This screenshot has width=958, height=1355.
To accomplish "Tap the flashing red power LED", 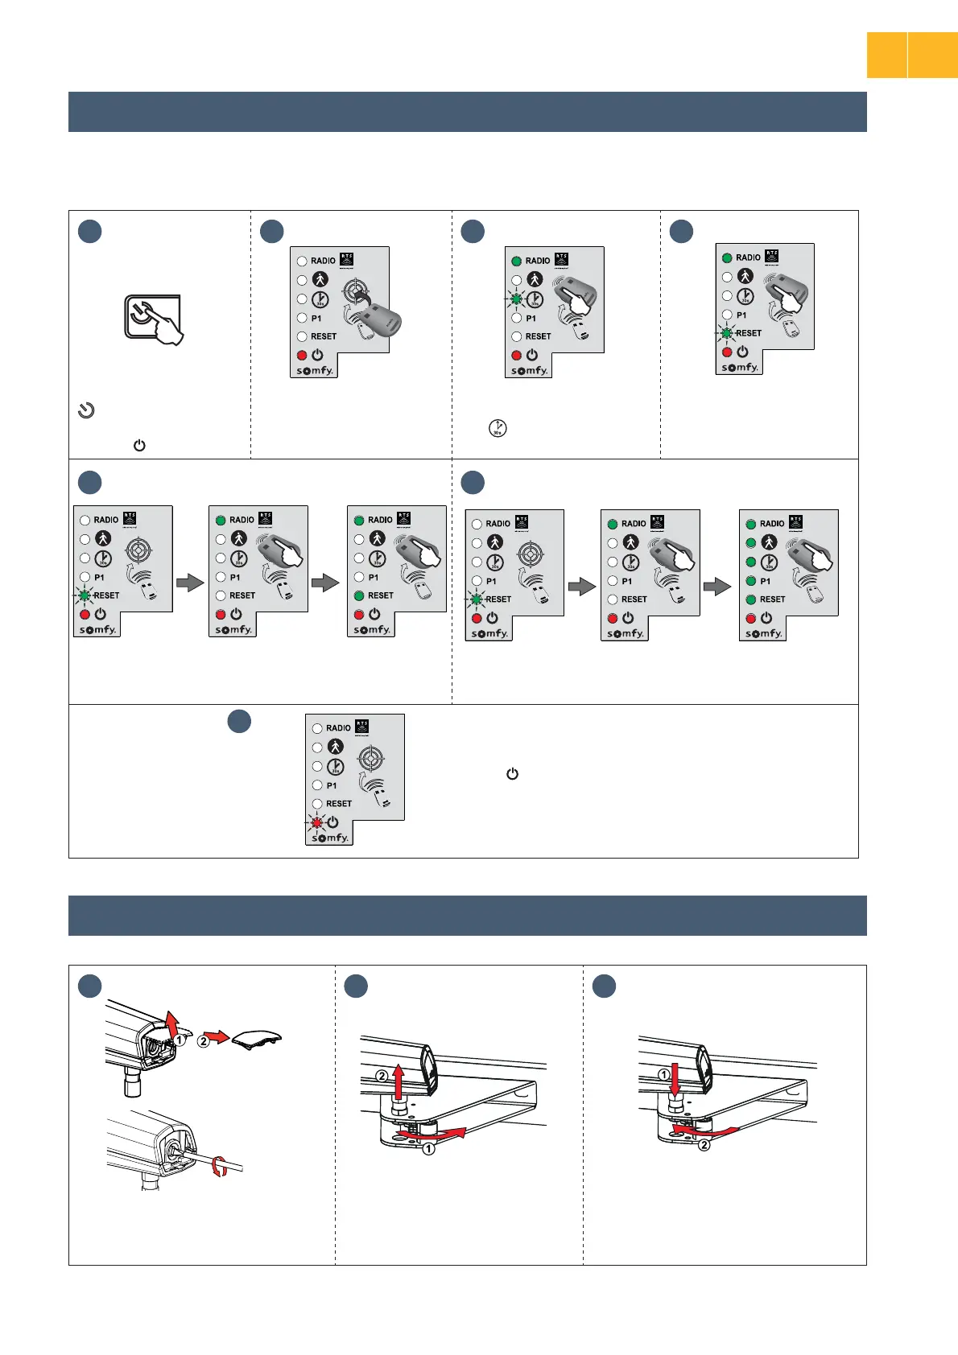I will pos(316,822).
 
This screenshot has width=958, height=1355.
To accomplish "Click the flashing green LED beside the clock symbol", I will pos(516,299).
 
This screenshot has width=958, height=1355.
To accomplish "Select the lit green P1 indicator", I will pos(750,581).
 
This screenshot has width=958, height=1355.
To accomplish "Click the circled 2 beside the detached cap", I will pos(204,1040).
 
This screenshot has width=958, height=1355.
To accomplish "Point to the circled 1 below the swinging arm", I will pos(429,1149).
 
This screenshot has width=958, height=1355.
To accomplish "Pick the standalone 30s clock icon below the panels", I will pos(498,428).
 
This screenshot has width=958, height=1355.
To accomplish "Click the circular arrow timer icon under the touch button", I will pos(86,410).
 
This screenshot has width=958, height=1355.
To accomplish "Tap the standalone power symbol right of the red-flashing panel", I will pos(512,774).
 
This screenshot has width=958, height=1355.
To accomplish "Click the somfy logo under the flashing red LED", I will pos(330,838).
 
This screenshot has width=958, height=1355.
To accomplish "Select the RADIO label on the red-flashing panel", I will pos(338,728).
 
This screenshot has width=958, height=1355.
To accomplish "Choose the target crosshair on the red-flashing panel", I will pos(370,757).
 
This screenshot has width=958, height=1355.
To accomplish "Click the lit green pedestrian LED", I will pos(750,543).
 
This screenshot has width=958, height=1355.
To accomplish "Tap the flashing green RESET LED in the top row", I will pos(727,332).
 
